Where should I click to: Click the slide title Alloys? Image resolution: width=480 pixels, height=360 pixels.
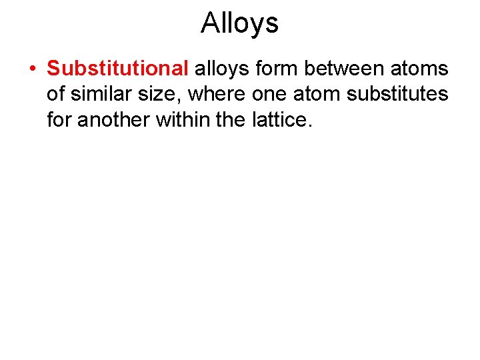239,23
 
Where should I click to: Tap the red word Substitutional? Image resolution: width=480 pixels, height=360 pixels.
118,69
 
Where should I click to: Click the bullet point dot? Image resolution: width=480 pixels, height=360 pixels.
32,69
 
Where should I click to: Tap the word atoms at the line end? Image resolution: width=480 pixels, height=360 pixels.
420,69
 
